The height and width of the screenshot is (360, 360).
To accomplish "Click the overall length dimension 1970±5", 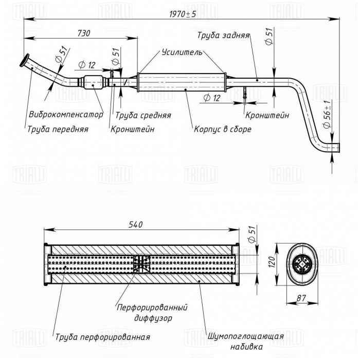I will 182,14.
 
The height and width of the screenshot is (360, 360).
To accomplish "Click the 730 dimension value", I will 83,33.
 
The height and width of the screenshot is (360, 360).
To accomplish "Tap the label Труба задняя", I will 223,35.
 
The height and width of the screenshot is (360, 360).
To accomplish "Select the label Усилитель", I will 178,52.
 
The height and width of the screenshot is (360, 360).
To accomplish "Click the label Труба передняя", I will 58,130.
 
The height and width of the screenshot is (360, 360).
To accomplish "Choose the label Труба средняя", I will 143,115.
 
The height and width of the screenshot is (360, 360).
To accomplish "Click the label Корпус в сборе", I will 222,129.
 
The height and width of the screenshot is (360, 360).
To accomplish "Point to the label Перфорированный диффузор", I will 152,312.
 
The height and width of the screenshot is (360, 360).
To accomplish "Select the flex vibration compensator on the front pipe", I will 93,81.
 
